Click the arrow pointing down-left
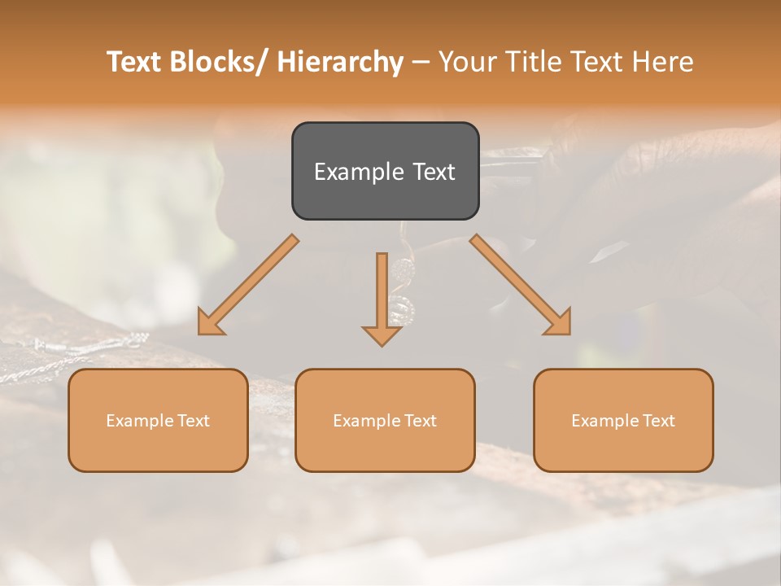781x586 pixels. click(248, 285)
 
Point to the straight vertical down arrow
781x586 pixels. click(382, 293)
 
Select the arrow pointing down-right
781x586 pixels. click(521, 285)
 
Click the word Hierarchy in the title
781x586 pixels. click(340, 62)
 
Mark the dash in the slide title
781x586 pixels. click(421, 63)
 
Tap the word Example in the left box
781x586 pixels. click(140, 421)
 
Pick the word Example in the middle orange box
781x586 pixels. click(367, 421)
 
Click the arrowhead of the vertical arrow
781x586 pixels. click(382, 335)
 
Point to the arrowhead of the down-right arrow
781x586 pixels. click(560, 323)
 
